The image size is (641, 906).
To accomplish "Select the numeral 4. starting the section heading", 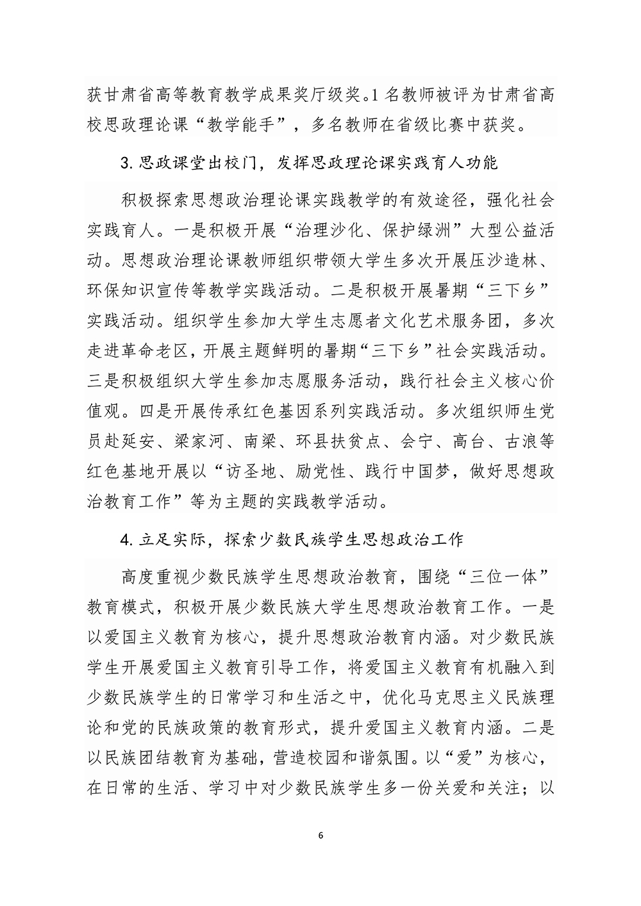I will (x=126, y=539).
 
